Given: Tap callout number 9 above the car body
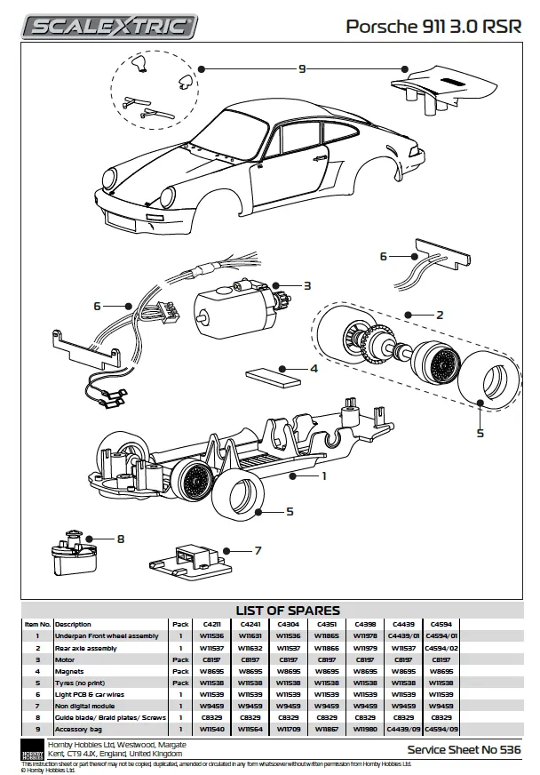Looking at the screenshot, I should pyautogui.click(x=302, y=68).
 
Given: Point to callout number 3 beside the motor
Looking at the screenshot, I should pyautogui.click(x=306, y=286).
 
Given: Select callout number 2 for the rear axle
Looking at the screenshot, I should pyautogui.click(x=438, y=315).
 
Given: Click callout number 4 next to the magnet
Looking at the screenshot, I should pyautogui.click(x=314, y=368).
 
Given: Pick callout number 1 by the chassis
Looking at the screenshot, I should pyautogui.click(x=324, y=475).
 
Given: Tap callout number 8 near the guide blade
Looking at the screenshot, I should pyautogui.click(x=121, y=538).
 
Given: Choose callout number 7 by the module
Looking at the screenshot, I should pyautogui.click(x=258, y=551).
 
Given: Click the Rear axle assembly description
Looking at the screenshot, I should pyautogui.click(x=86, y=649).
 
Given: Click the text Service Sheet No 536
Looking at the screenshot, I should pyautogui.click(x=464, y=750).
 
